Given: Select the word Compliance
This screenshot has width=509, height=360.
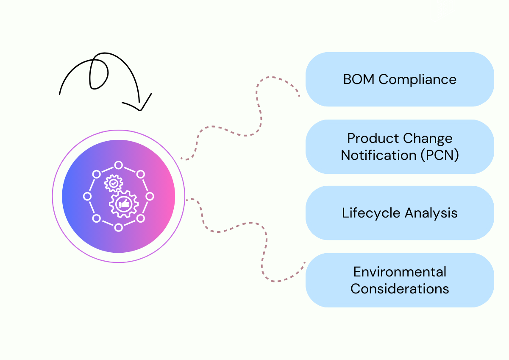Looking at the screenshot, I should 417,80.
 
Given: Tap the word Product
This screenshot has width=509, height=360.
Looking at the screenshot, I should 367,139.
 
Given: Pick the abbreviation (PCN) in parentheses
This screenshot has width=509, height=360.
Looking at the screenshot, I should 440,155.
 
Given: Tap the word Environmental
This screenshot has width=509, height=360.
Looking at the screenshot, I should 400,272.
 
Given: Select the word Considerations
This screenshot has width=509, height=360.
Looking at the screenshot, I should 400,289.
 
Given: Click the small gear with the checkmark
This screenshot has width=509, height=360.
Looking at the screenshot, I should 113,183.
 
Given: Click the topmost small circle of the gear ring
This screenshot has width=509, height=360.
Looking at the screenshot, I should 119,165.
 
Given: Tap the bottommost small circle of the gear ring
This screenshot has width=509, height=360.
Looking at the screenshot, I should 119,228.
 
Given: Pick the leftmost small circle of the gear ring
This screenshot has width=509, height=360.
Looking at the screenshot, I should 87,196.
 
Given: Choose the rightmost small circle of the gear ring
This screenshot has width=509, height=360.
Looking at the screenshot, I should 150,196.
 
